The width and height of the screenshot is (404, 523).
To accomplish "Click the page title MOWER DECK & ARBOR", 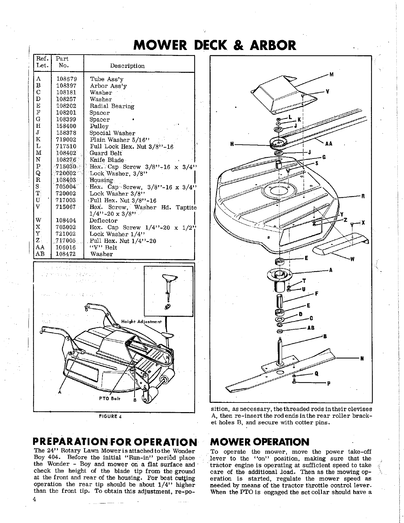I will pos(215,45).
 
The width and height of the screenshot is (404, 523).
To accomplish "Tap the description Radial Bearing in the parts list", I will pos(112,106).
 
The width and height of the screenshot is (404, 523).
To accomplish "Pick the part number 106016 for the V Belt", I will pos(66,248).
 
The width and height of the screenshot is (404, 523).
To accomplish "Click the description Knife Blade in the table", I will pos(106,160).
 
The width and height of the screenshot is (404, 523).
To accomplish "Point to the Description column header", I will pos(127,66).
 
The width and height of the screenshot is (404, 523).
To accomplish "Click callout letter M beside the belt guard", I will pos(331,74).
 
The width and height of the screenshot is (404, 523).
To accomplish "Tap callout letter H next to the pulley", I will pos(232,144).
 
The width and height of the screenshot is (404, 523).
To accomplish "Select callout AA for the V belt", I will pos(329,144).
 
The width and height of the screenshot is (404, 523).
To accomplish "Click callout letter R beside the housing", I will pos(363,196).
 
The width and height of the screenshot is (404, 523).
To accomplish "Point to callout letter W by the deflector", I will pos(352,259).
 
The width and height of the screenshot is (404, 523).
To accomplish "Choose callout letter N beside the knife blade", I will pos(362,358).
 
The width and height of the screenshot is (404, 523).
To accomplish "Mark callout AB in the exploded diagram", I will pos(311,328).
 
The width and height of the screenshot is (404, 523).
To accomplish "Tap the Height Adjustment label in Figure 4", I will pos(141,322).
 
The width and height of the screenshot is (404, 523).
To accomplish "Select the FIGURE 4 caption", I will pos(110,416).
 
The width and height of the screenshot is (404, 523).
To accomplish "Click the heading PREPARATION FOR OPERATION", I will pos(115,442).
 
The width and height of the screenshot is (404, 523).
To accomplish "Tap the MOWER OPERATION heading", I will pos(260,442).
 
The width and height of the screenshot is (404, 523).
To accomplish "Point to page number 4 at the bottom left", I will pos(34,499).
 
